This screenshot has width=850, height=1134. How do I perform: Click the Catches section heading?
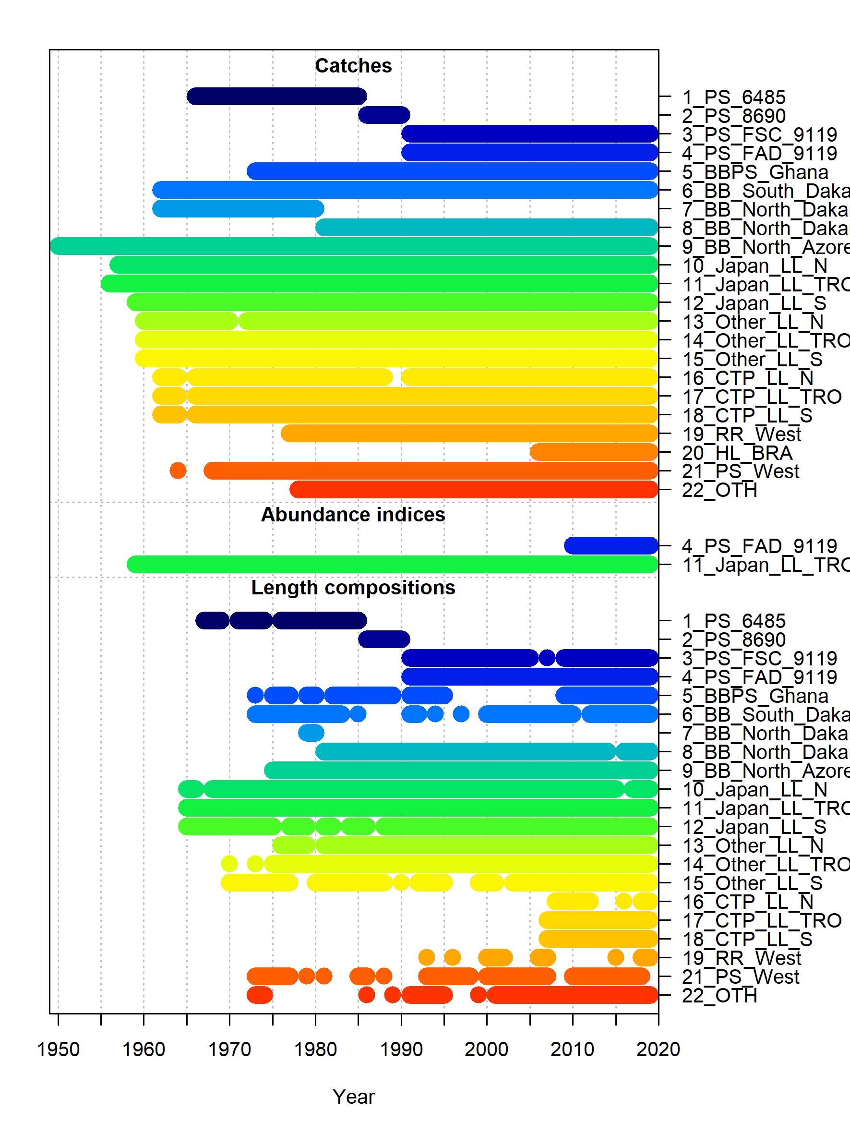pyautogui.click(x=353, y=66)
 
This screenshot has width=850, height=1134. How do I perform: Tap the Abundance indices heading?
pyautogui.click(x=353, y=515)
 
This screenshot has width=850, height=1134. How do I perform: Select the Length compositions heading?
pyautogui.click(x=353, y=588)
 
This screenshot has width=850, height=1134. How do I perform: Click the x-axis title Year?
pyautogui.click(x=353, y=1097)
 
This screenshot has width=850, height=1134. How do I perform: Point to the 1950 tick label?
pyautogui.click(x=59, y=1050)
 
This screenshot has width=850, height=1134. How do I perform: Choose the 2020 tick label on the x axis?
pyautogui.click(x=658, y=1050)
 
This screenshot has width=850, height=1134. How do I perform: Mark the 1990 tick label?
pyautogui.click(x=401, y=1050)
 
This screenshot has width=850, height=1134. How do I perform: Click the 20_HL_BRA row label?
pyautogui.click(x=737, y=453)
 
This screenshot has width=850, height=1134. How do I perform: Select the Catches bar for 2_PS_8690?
pyautogui.click(x=384, y=115)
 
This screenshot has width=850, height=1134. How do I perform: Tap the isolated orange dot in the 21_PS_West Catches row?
pyautogui.click(x=178, y=470)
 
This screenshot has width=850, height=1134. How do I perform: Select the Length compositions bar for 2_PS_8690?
pyautogui.click(x=384, y=639)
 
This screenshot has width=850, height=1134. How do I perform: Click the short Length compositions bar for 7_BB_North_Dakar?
pyautogui.click(x=311, y=733)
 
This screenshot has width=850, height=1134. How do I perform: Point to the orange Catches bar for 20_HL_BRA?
pyautogui.click(x=594, y=452)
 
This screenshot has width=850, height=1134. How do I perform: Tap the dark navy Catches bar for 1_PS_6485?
pyautogui.click(x=276, y=97)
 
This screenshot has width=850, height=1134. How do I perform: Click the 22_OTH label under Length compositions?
pyautogui.click(x=719, y=996)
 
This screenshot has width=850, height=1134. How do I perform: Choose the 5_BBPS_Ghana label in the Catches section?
pyautogui.click(x=755, y=172)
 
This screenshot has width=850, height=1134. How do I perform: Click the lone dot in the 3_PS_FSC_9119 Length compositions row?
pyautogui.click(x=547, y=658)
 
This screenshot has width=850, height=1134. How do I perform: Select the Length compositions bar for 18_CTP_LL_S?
pyautogui.click(x=598, y=939)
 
